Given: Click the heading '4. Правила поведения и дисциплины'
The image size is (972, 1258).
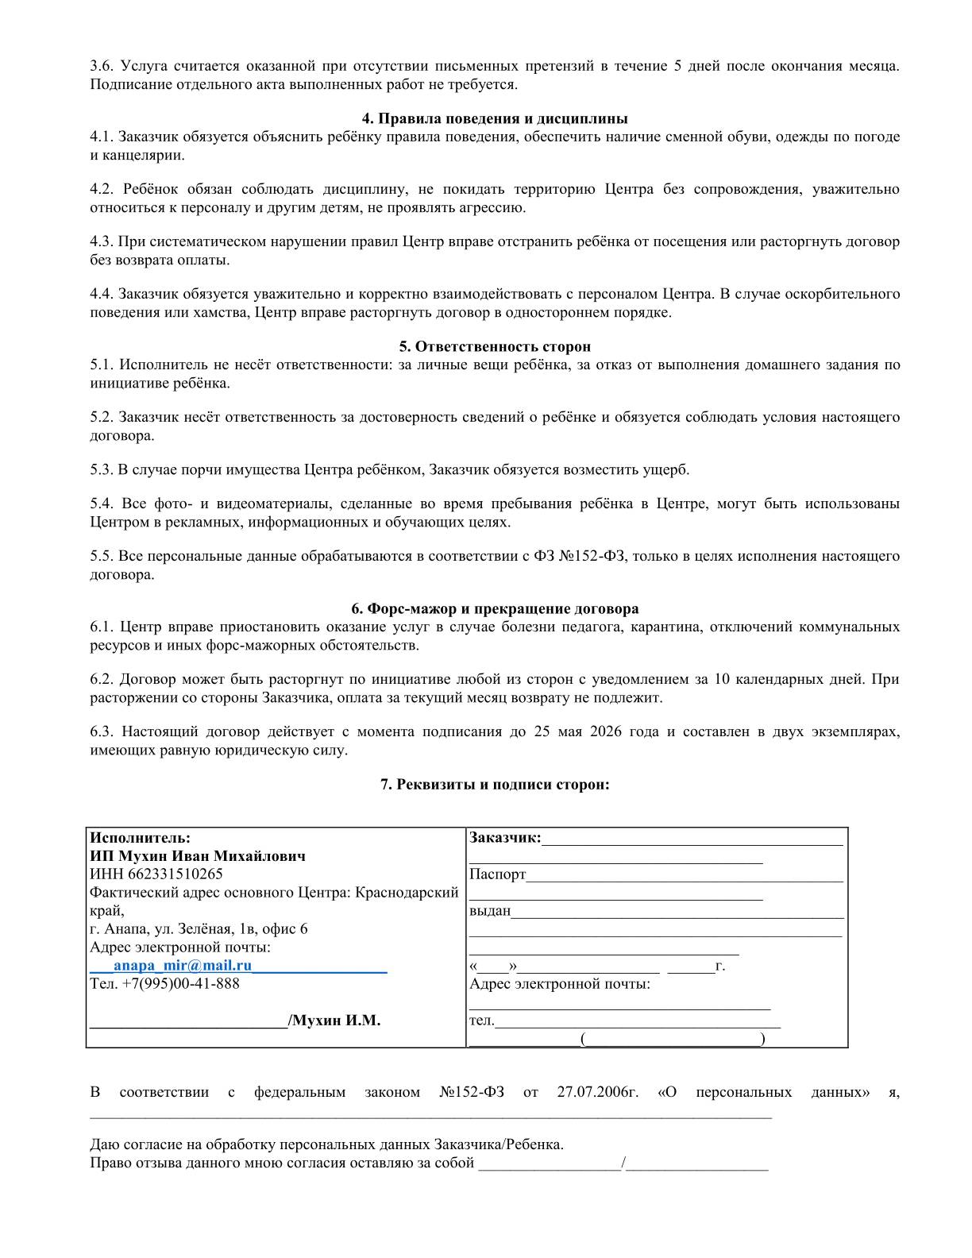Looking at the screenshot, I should (x=495, y=119).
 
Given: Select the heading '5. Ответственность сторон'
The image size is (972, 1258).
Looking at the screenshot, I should (x=495, y=347).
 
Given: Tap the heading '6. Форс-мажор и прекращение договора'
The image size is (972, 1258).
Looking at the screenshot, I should (x=495, y=609).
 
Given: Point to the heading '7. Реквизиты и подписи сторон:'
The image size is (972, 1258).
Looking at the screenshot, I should (x=495, y=785).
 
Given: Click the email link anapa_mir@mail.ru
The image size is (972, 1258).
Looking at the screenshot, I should (x=183, y=966).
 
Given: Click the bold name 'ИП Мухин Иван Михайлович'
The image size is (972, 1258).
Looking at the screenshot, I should (x=198, y=856).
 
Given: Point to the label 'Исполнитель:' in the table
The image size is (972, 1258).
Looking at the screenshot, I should (x=140, y=838).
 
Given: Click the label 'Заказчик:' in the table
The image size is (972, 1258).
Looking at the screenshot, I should (x=505, y=838).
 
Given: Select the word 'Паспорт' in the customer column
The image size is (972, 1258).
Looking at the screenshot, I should (x=497, y=875).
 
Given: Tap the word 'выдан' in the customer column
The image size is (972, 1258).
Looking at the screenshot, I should (x=490, y=911).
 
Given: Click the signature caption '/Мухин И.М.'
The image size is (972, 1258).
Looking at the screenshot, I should (x=334, y=1021).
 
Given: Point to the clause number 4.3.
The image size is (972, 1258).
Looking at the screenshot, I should (x=102, y=241).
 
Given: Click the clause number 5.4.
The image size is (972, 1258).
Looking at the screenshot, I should (x=102, y=504).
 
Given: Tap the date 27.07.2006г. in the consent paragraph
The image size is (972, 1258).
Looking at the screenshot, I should (x=597, y=1092).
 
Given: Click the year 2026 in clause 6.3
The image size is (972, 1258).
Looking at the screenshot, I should (x=606, y=731).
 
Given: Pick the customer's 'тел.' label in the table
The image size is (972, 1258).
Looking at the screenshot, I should (x=482, y=1021).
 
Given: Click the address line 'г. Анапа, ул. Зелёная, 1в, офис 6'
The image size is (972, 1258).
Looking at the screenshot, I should (x=199, y=929).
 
